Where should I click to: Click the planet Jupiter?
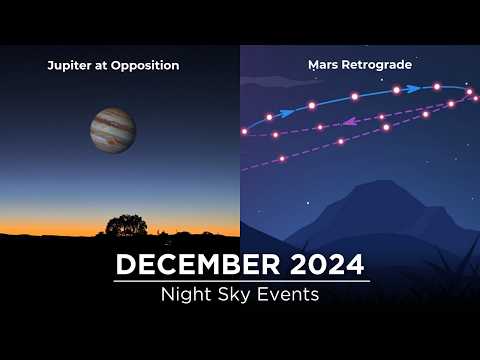click(x=112, y=131)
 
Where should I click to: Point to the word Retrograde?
click(x=378, y=66)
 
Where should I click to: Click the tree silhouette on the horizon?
click(x=126, y=226)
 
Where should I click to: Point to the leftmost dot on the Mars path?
click(x=245, y=131)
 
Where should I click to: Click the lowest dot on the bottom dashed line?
click(x=283, y=158)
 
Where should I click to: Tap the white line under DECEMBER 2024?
click(x=240, y=282)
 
